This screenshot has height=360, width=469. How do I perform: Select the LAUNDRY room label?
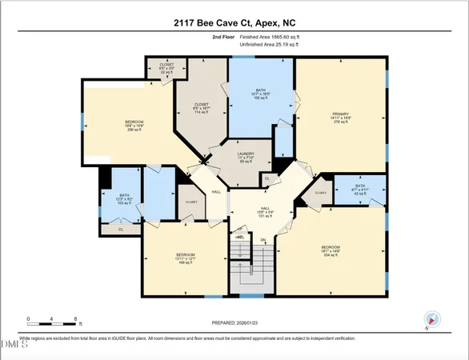[x=246, y=157]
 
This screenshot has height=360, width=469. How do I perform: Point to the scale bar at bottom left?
[x=52, y=321]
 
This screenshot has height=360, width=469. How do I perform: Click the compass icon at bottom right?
[x=432, y=319]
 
